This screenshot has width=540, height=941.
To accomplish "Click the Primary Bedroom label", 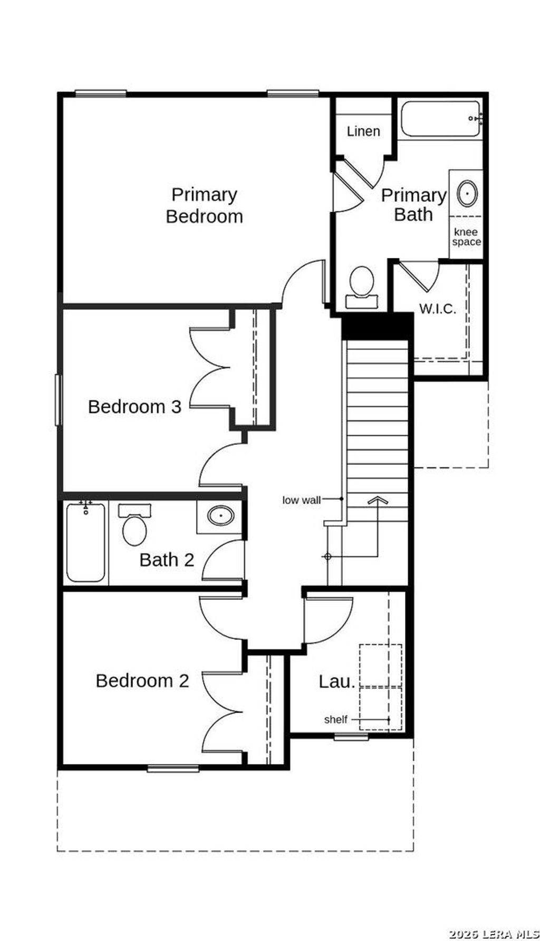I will click(x=204, y=205).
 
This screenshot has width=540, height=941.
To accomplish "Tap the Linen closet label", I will click(x=363, y=131).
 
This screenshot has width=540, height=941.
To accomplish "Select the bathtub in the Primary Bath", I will click(x=440, y=119).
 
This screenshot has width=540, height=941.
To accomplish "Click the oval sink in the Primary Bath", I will click(x=467, y=193).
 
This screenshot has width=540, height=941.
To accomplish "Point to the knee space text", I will click(x=466, y=237).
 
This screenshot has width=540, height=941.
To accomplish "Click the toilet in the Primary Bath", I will click(x=362, y=287).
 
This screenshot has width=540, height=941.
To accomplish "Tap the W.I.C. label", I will click(x=438, y=309).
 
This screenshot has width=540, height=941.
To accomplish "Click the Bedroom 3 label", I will click(x=134, y=407).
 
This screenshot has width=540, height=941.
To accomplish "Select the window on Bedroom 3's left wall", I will click(x=58, y=399).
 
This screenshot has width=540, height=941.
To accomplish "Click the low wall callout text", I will click(x=301, y=500).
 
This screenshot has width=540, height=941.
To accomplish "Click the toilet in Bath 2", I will click(x=134, y=526).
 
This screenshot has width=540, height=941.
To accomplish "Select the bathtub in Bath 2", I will click(x=86, y=542).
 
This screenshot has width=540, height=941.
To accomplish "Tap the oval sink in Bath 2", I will click(x=220, y=515).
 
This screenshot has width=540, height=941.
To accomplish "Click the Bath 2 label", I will click(x=167, y=560).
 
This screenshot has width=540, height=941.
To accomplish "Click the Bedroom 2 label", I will click(x=142, y=680).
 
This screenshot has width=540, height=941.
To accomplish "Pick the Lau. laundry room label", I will click(x=336, y=681).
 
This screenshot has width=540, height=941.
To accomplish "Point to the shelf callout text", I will click(x=335, y=719).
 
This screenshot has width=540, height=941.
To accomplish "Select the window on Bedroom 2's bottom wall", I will click(x=173, y=769).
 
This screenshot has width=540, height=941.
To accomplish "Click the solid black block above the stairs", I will click(x=377, y=328).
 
